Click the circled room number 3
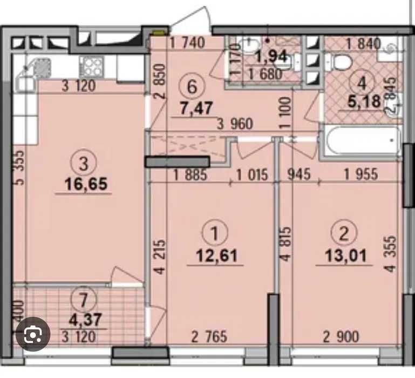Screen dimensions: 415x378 click(x=84, y=164)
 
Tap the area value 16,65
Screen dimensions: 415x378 click(x=86, y=184)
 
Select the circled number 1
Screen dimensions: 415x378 click(x=215, y=234)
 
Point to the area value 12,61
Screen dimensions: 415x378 click(x=216, y=255)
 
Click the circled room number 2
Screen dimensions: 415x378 click(x=344, y=234)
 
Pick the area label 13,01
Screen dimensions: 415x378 click(x=346, y=255)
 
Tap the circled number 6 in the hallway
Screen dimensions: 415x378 click(x=192, y=86)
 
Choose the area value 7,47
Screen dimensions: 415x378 click(x=196, y=108)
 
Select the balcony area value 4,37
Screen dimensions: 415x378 click(x=85, y=319)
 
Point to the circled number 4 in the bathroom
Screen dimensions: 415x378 click(x=362, y=84)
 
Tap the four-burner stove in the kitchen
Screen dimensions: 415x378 click(x=92, y=67)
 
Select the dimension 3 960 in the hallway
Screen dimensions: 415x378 click(x=235, y=124)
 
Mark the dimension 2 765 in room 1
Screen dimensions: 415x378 click(x=209, y=336)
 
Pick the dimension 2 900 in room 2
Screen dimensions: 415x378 click(x=341, y=336)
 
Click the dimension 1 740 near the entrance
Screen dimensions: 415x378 click(x=187, y=43)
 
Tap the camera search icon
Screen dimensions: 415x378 click(x=33, y=334)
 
